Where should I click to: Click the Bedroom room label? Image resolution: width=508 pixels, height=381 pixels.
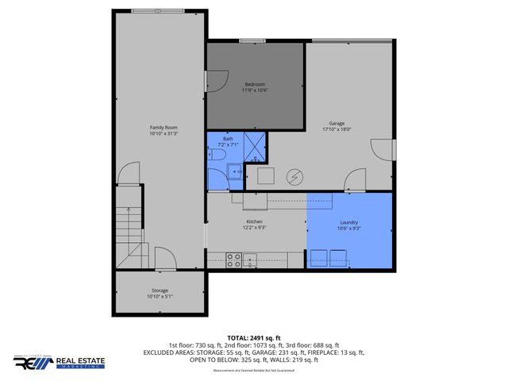click(x=255, y=84)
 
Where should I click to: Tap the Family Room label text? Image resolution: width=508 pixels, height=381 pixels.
click(x=164, y=128)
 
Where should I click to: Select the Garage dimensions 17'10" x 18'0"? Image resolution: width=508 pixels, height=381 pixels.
click(x=337, y=129)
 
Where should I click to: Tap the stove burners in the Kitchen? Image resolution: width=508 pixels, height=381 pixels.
click(x=234, y=257)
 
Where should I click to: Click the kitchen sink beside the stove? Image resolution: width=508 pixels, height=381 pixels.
click(x=250, y=257)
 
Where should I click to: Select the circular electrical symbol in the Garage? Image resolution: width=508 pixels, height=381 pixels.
click(x=295, y=175)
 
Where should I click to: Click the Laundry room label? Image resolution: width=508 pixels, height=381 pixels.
click(x=349, y=222)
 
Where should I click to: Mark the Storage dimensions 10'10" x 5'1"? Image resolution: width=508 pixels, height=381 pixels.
click(x=160, y=297)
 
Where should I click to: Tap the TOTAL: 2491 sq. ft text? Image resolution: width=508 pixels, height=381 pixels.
click(x=253, y=337)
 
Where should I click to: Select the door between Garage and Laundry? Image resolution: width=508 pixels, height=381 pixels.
click(x=352, y=184)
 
